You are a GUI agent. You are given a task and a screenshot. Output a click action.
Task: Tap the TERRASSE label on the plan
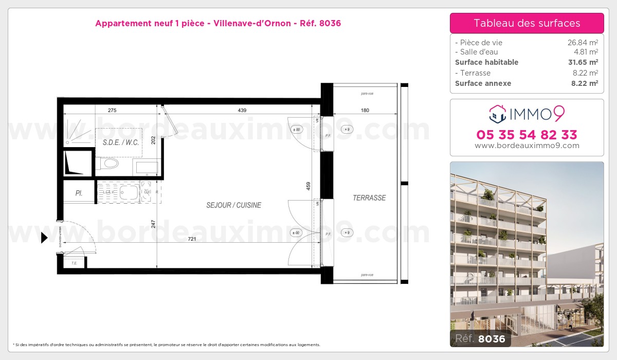(x=369, y=198)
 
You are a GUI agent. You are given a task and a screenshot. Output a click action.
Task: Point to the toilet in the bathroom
(x=108, y=164)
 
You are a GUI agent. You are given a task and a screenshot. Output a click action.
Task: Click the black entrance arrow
(x=44, y=238)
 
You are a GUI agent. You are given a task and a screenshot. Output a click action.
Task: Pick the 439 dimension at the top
(x=242, y=110)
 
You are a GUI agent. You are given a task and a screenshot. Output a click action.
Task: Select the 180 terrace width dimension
(x=366, y=110)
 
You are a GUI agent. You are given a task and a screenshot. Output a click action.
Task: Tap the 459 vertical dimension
(x=308, y=185)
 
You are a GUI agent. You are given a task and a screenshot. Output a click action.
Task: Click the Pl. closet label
(x=79, y=194)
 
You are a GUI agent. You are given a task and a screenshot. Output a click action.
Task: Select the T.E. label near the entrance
(x=74, y=263)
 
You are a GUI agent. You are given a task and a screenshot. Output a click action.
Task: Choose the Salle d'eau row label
(x=476, y=52)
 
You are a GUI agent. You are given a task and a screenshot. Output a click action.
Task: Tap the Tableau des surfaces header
(x=527, y=23)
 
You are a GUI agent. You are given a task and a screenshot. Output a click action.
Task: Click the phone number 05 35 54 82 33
(x=527, y=135)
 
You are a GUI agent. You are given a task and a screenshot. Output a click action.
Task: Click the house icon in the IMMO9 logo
(x=498, y=113)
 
